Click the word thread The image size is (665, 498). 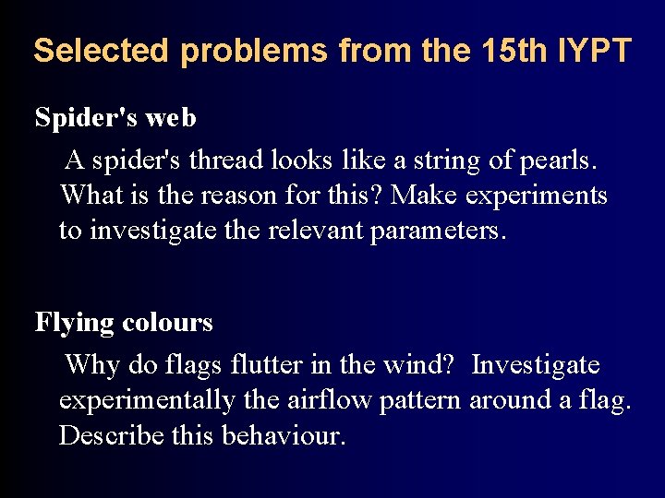pos(226,160)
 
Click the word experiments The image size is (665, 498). pos(537,196)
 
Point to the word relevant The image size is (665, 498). pos(317,230)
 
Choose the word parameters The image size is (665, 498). pos(438,231)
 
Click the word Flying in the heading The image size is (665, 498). pos(75,323)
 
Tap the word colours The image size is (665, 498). pos(167,323)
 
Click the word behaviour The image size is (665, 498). pos(284,434)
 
